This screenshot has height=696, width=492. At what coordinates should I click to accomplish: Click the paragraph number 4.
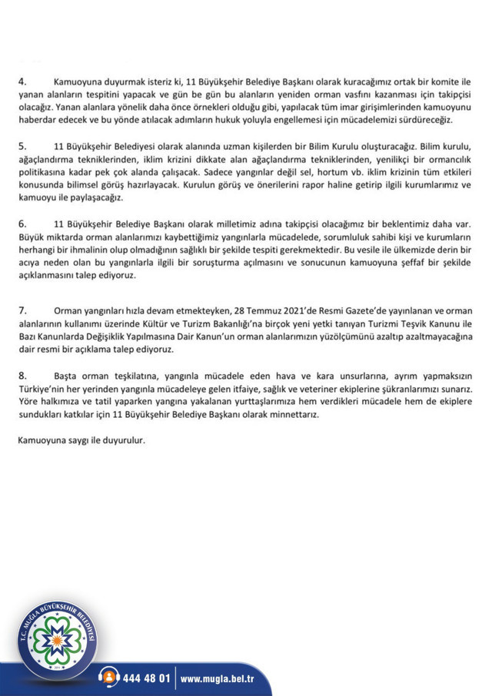(x=22, y=81)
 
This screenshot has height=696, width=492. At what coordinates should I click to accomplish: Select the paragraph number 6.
(x=22, y=223)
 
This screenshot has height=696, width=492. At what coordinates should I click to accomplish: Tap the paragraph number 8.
(x=22, y=375)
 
